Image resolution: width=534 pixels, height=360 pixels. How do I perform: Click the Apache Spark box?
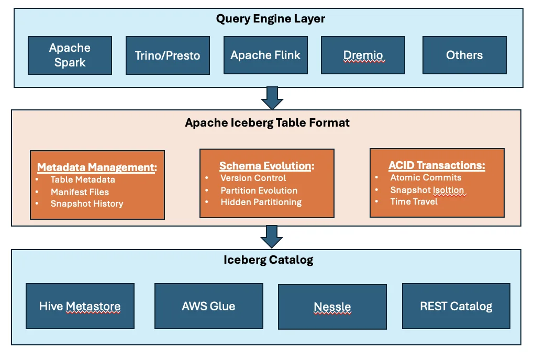pos(70,55)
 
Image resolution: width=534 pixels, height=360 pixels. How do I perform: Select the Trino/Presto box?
pos(168,55)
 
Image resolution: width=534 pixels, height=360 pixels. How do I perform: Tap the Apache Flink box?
pos(265,55)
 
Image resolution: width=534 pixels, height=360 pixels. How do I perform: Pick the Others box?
pos(464,55)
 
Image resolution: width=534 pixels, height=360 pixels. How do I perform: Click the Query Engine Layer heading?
pos(271,19)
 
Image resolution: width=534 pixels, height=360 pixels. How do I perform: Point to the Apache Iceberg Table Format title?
pos(268,123)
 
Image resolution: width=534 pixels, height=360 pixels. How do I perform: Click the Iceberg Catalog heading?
pos(269,260)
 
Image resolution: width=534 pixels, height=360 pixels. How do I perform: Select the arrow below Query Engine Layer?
pos(272,98)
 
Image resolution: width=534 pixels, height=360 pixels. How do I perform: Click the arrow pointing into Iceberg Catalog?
pos(272,237)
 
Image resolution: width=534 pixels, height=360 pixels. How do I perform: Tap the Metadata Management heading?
pos(97,167)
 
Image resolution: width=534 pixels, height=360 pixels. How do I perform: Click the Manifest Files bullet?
pos(80,192)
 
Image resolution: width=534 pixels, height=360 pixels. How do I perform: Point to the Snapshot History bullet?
pos(87,204)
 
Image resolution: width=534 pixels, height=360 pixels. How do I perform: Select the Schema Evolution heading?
pos(266,166)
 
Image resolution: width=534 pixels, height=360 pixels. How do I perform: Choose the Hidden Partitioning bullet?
pos(261,202)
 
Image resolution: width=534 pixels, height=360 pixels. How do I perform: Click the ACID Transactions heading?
pos(437,165)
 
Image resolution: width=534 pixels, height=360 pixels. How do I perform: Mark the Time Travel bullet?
pos(414,201)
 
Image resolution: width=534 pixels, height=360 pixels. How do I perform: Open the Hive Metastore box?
pos(80,306)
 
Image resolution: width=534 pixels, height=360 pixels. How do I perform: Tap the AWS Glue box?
pos(208,306)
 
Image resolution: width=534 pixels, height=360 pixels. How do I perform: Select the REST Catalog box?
pos(456,306)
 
